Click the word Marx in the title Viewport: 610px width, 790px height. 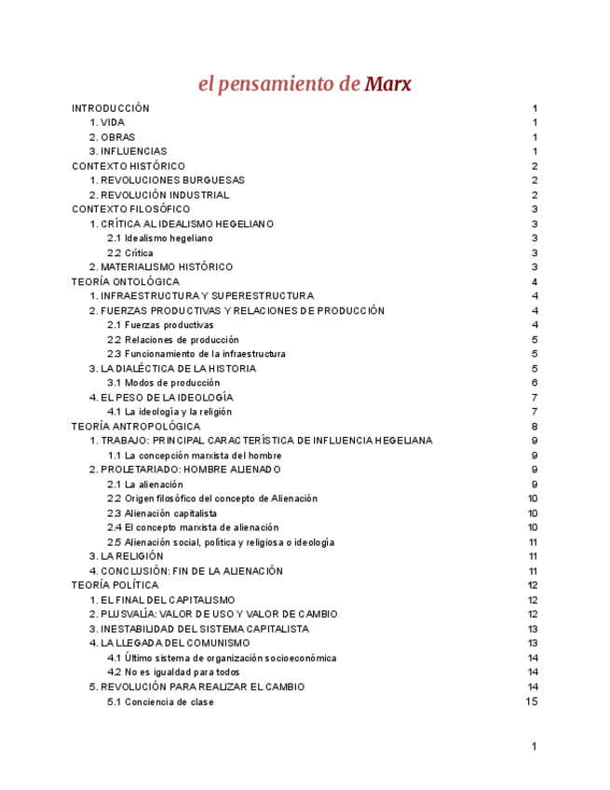[387, 84]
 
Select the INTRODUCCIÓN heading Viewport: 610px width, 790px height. [110, 108]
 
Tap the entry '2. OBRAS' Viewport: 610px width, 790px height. [112, 137]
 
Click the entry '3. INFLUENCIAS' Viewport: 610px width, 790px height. [128, 152]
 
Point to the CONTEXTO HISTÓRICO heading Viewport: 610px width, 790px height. [128, 166]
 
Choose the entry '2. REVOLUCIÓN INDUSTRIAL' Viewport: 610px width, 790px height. [158, 196]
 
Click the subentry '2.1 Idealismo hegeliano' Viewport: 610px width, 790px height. [159, 238]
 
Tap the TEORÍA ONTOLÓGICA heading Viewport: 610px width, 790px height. [126, 281]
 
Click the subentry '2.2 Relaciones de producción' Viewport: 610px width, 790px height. [172, 340]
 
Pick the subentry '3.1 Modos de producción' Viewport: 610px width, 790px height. [163, 383]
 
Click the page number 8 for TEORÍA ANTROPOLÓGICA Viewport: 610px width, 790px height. [535, 427]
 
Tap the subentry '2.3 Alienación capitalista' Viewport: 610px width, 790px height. [161, 513]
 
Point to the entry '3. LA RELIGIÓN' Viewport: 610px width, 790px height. [126, 556]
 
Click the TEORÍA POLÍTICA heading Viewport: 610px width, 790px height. [115, 585]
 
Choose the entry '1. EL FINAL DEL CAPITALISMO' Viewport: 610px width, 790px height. [162, 600]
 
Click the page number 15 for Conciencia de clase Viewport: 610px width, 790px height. [532, 701]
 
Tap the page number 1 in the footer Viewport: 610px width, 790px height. [535, 746]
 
